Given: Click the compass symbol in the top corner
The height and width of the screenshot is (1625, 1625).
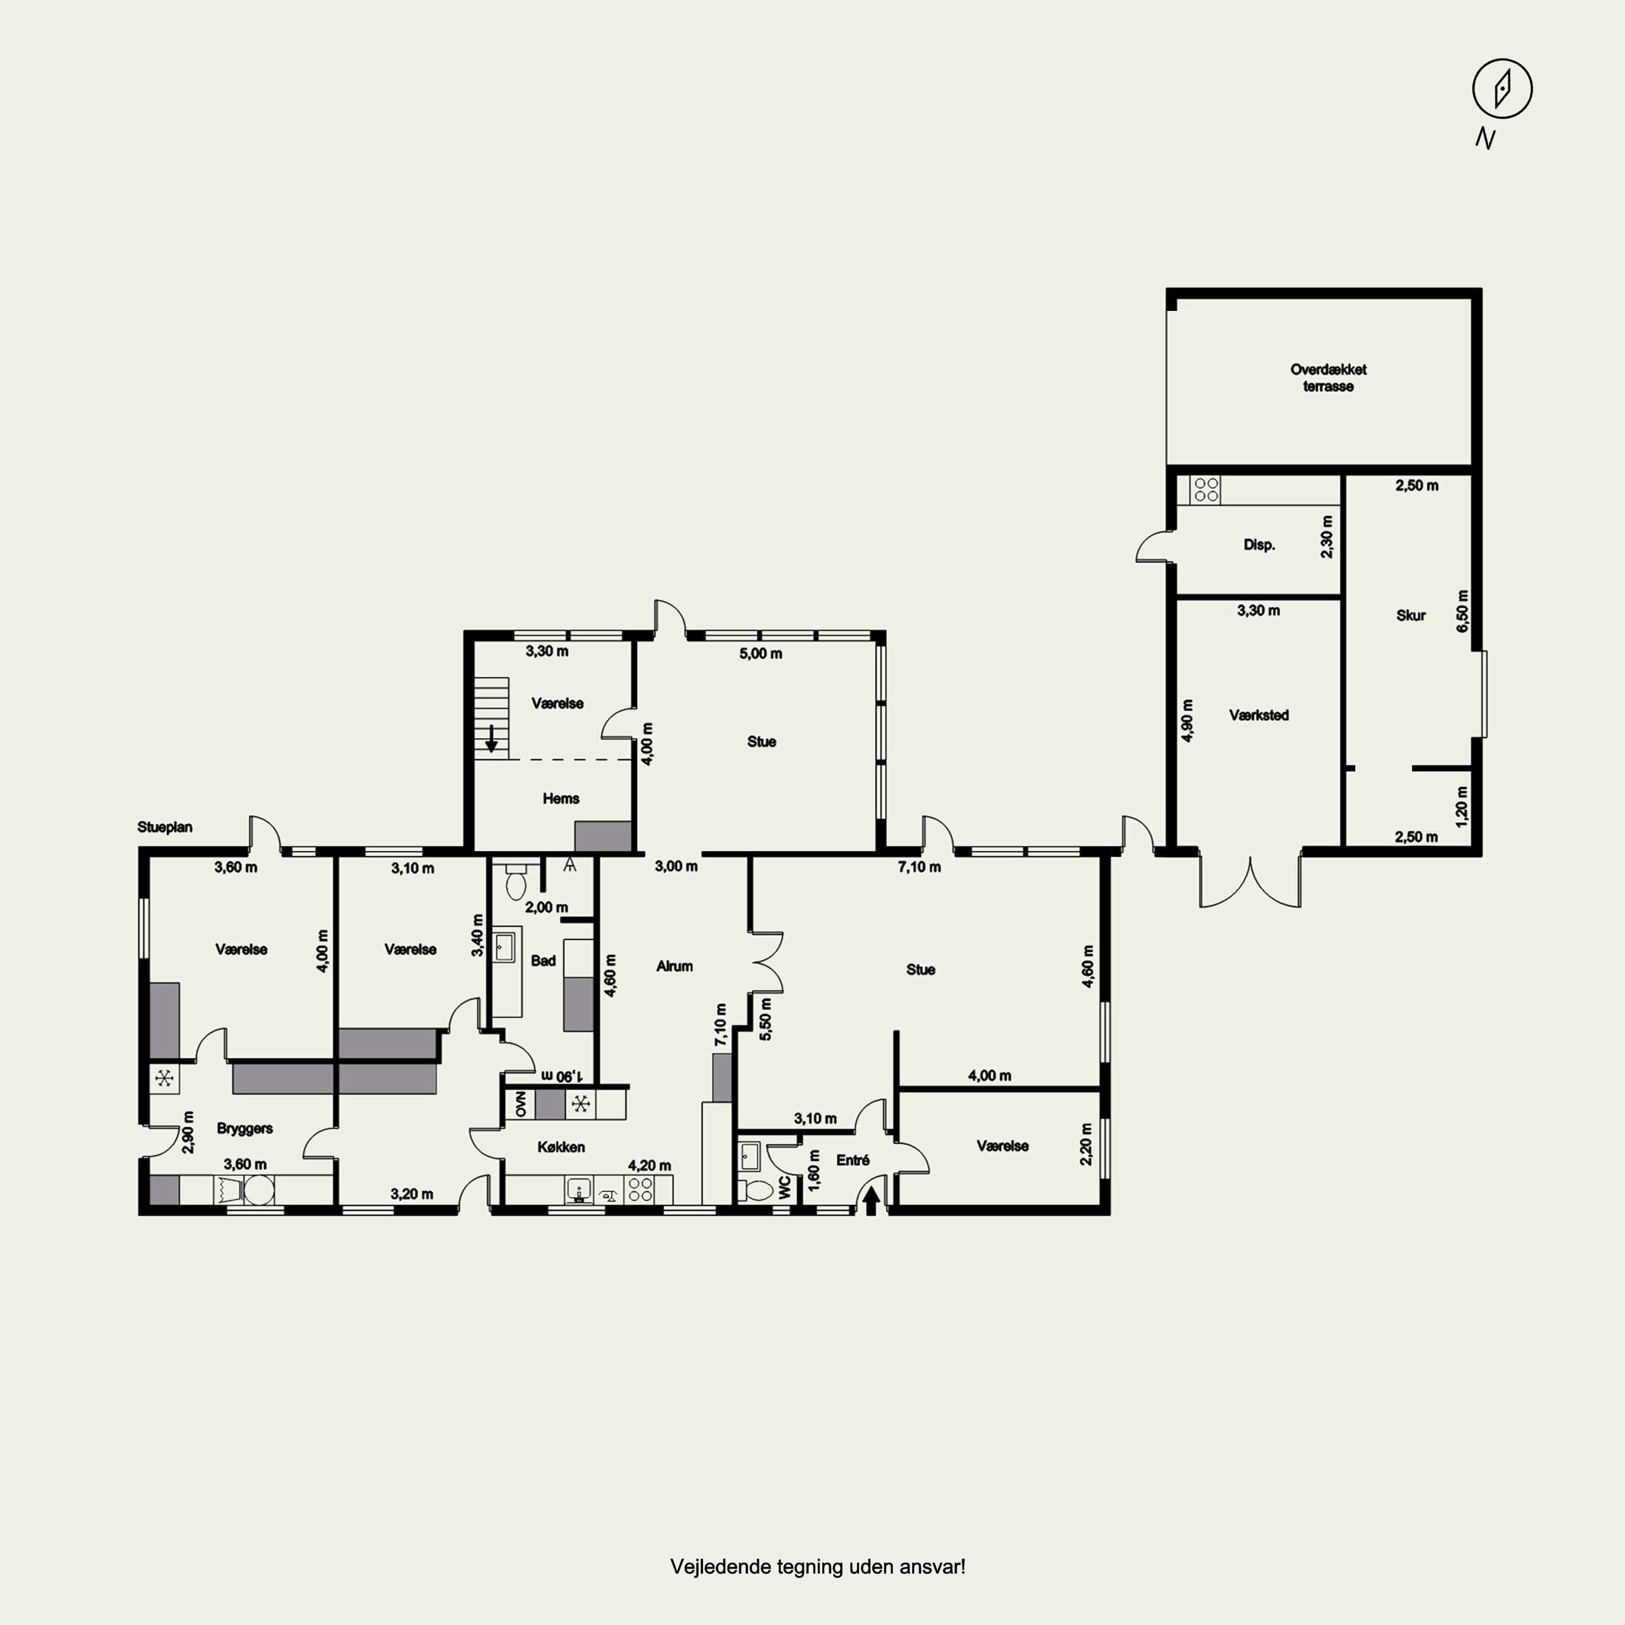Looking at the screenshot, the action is click(x=1502, y=88).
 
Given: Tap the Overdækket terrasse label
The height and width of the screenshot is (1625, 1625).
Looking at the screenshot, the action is click(x=1328, y=378).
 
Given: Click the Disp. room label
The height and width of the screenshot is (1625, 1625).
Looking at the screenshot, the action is click(x=1259, y=545).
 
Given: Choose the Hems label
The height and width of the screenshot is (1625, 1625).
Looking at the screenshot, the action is click(x=561, y=798).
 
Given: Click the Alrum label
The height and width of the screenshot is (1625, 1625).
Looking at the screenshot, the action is click(x=674, y=966).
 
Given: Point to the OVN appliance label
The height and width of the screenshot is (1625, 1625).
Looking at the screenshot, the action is click(x=520, y=1104).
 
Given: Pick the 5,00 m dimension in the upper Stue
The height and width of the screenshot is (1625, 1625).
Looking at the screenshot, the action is click(x=761, y=654).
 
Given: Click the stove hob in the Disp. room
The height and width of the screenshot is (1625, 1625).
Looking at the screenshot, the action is click(x=1205, y=490).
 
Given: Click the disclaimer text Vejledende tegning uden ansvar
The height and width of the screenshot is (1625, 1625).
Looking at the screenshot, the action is click(x=817, y=1567).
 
